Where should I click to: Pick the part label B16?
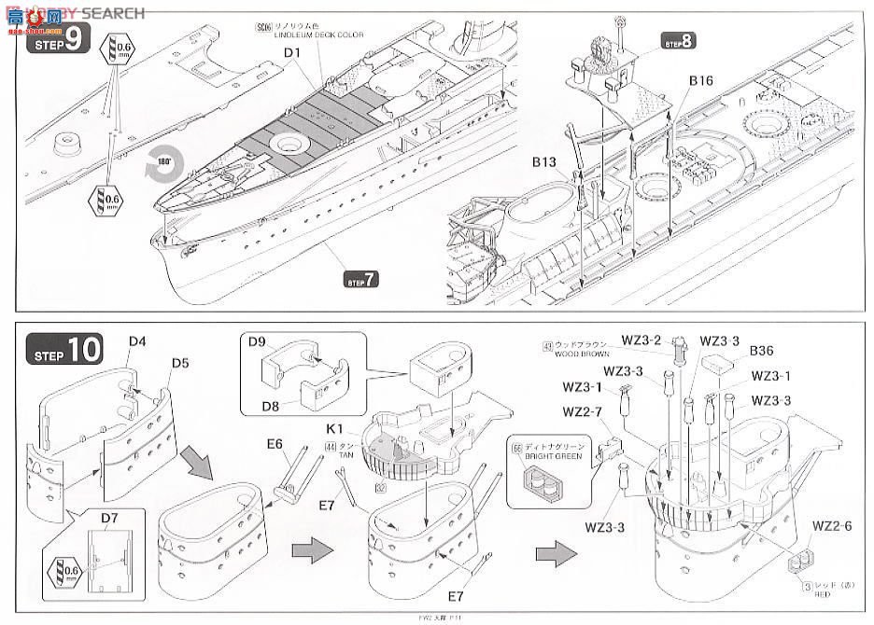pos(700,82)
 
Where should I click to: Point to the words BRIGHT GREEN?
pos(558,456)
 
